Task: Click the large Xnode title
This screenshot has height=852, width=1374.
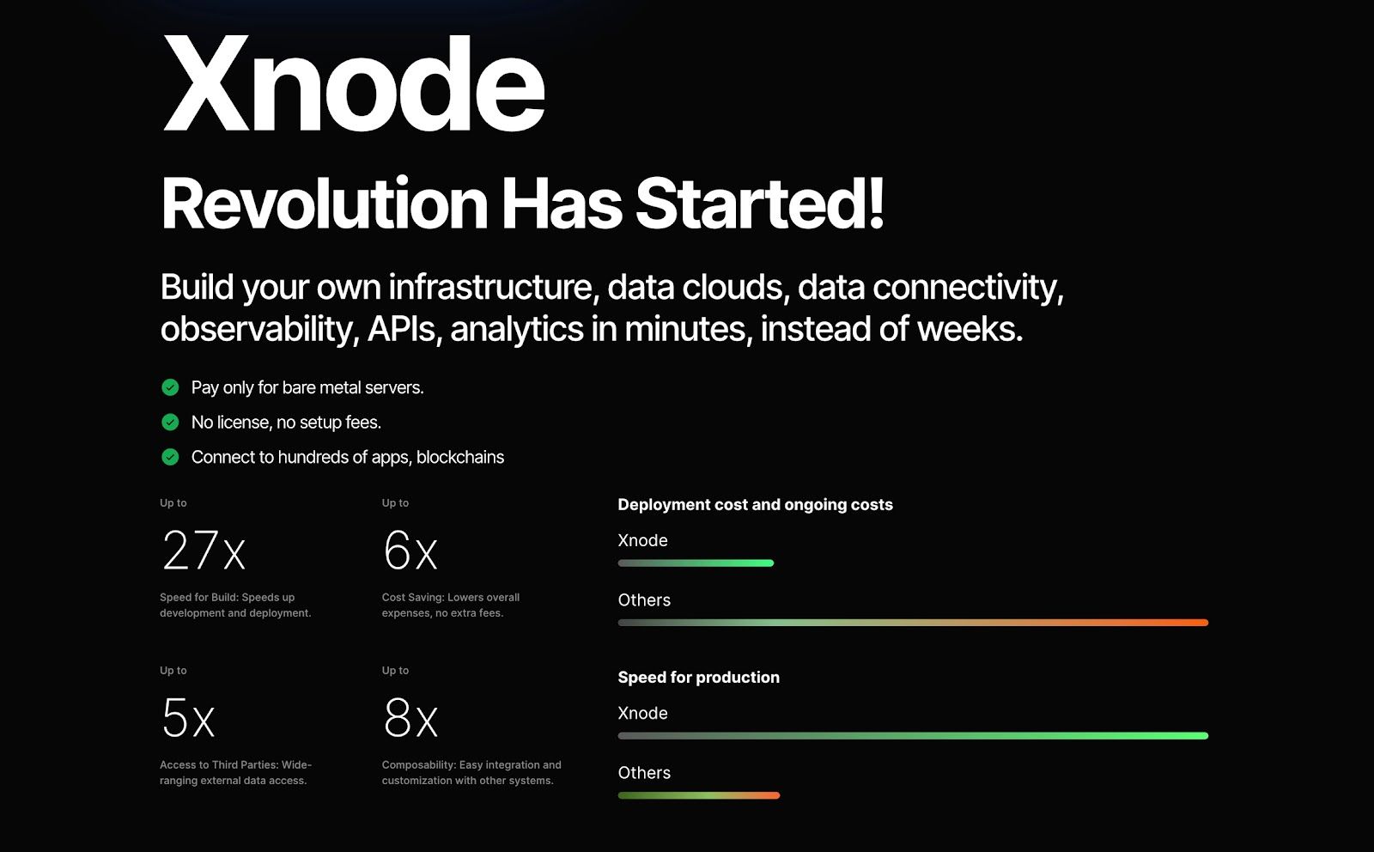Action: pyautogui.click(x=353, y=82)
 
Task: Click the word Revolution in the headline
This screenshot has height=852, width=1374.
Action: pyautogui.click(x=324, y=203)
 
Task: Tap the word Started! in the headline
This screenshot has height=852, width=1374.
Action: pyautogui.click(x=759, y=203)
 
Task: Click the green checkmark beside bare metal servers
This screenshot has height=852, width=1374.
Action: pyautogui.click(x=170, y=387)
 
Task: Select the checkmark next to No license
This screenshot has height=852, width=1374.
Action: pyautogui.click(x=170, y=422)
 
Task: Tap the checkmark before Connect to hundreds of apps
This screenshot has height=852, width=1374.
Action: pyautogui.click(x=170, y=457)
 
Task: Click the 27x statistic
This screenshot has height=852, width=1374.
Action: pyautogui.click(x=204, y=551)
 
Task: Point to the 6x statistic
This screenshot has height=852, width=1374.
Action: pyautogui.click(x=410, y=551)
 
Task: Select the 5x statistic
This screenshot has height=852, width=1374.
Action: pyautogui.click(x=188, y=718)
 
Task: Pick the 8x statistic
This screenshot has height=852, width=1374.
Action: pyautogui.click(x=410, y=718)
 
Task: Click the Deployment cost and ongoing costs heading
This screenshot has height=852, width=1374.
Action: pyautogui.click(x=755, y=505)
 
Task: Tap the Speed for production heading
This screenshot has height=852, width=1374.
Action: pyautogui.click(x=699, y=677)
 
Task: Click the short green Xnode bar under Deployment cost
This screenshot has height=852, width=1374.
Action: pyautogui.click(x=696, y=563)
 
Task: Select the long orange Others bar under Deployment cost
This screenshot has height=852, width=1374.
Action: pyautogui.click(x=913, y=623)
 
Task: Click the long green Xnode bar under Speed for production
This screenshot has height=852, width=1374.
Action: pyautogui.click(x=913, y=735)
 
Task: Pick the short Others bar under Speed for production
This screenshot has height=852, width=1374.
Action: pyautogui.click(x=699, y=795)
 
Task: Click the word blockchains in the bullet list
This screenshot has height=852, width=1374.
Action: pyautogui.click(x=460, y=457)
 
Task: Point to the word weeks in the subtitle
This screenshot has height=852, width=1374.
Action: pyautogui.click(x=970, y=329)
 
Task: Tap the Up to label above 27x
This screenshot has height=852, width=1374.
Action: pyautogui.click(x=173, y=503)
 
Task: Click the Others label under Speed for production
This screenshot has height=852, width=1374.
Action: pyautogui.click(x=644, y=773)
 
